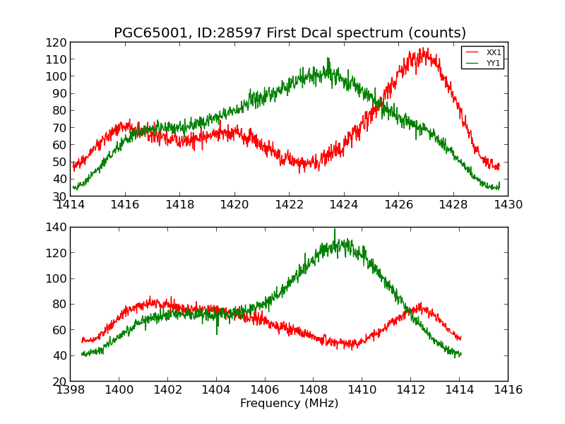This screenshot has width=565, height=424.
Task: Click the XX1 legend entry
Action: tap(494, 52)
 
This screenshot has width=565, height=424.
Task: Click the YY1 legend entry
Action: tap(494, 63)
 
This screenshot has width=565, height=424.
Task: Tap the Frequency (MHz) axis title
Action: tap(289, 404)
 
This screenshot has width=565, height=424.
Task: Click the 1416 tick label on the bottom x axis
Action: tap(507, 390)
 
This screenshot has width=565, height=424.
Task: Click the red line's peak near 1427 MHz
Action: tap(424, 49)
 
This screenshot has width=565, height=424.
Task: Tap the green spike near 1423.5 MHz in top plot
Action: tap(328, 58)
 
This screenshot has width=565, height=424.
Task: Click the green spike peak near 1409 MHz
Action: tap(335, 229)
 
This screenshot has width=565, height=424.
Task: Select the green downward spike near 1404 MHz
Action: tap(217, 334)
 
